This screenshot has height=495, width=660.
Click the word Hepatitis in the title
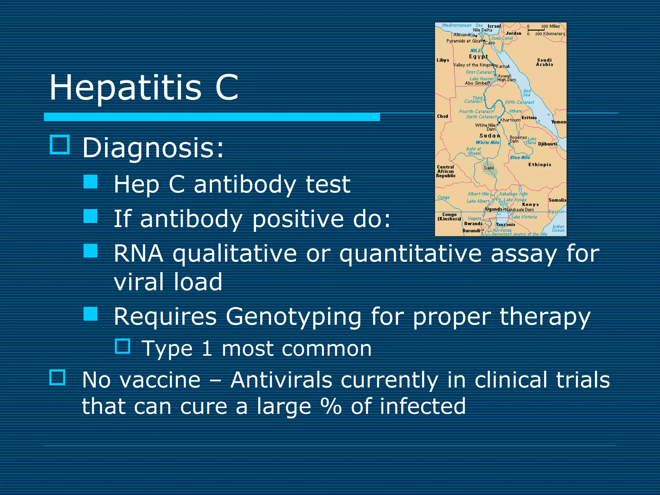click(x=125, y=88)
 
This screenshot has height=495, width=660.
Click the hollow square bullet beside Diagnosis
click(x=60, y=145)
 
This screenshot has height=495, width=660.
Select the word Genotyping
click(x=293, y=317)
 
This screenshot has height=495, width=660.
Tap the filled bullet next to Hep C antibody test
click(x=91, y=182)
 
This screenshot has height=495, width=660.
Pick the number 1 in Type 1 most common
click(x=207, y=349)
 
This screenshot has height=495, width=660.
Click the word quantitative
click(x=410, y=254)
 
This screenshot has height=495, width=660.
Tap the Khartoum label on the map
click(x=510, y=120)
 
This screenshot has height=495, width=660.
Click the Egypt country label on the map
click(x=478, y=56)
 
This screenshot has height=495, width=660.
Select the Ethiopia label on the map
click(x=539, y=164)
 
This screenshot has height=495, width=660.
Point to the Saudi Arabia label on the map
click(x=544, y=62)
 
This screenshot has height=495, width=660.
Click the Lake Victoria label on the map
click(x=524, y=217)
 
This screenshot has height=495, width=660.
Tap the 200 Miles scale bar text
click(x=550, y=26)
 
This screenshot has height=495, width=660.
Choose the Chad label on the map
click(x=442, y=116)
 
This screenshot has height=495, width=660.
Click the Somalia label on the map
click(x=557, y=200)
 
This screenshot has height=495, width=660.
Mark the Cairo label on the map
click(x=490, y=43)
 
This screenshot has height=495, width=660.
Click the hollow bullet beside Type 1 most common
click(x=122, y=346)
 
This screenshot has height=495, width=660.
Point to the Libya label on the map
click(x=443, y=60)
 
